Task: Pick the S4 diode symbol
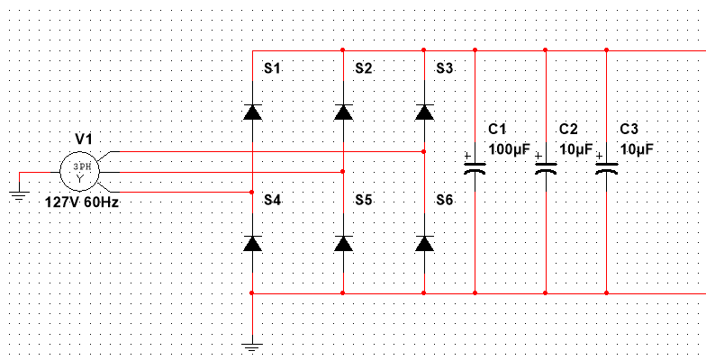pyautogui.click(x=252, y=243)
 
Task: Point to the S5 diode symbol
pyautogui.click(x=343, y=243)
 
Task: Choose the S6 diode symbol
pyautogui.click(x=425, y=243)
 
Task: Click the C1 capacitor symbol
pyautogui.click(x=475, y=166)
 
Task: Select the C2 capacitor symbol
pyautogui.click(x=545, y=167)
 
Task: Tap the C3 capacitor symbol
pyautogui.click(x=606, y=166)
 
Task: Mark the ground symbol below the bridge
pyautogui.click(x=252, y=346)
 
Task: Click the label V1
pyautogui.click(x=84, y=139)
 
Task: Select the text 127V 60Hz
pyautogui.click(x=81, y=202)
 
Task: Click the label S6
pyautogui.click(x=445, y=199)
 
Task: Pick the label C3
pyautogui.click(x=629, y=130)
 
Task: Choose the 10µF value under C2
pyautogui.click(x=575, y=148)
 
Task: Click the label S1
pyautogui.click(x=273, y=68)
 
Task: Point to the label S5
pyautogui.click(x=363, y=199)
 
